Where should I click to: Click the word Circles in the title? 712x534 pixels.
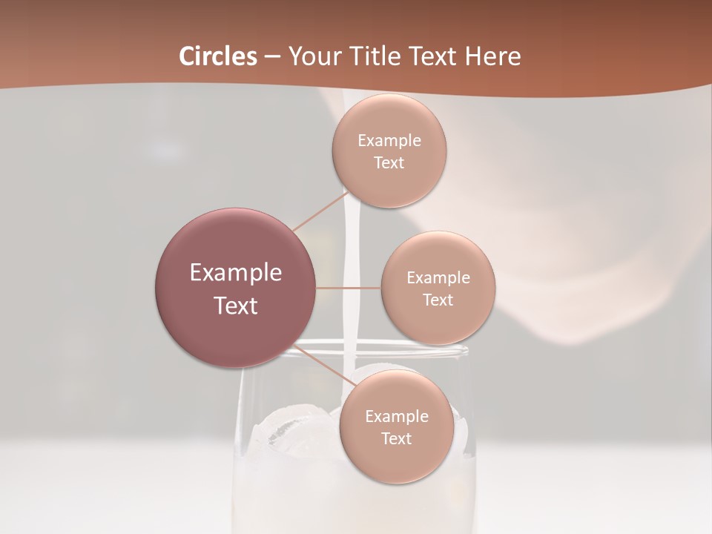click(218, 56)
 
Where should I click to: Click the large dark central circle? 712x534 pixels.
click(236, 288)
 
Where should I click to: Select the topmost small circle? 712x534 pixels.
click(389, 151)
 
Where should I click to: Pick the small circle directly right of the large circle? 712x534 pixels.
click(438, 288)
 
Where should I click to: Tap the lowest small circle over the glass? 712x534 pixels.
click(396, 426)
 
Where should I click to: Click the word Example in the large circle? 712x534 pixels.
click(236, 273)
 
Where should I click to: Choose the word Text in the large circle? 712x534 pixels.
click(236, 306)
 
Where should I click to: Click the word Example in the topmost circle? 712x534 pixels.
click(389, 140)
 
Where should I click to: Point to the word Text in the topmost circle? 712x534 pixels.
click(389, 162)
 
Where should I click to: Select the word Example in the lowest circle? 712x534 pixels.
click(396, 416)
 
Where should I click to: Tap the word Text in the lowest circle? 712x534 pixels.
click(396, 438)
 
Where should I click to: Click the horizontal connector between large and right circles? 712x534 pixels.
click(349, 288)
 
